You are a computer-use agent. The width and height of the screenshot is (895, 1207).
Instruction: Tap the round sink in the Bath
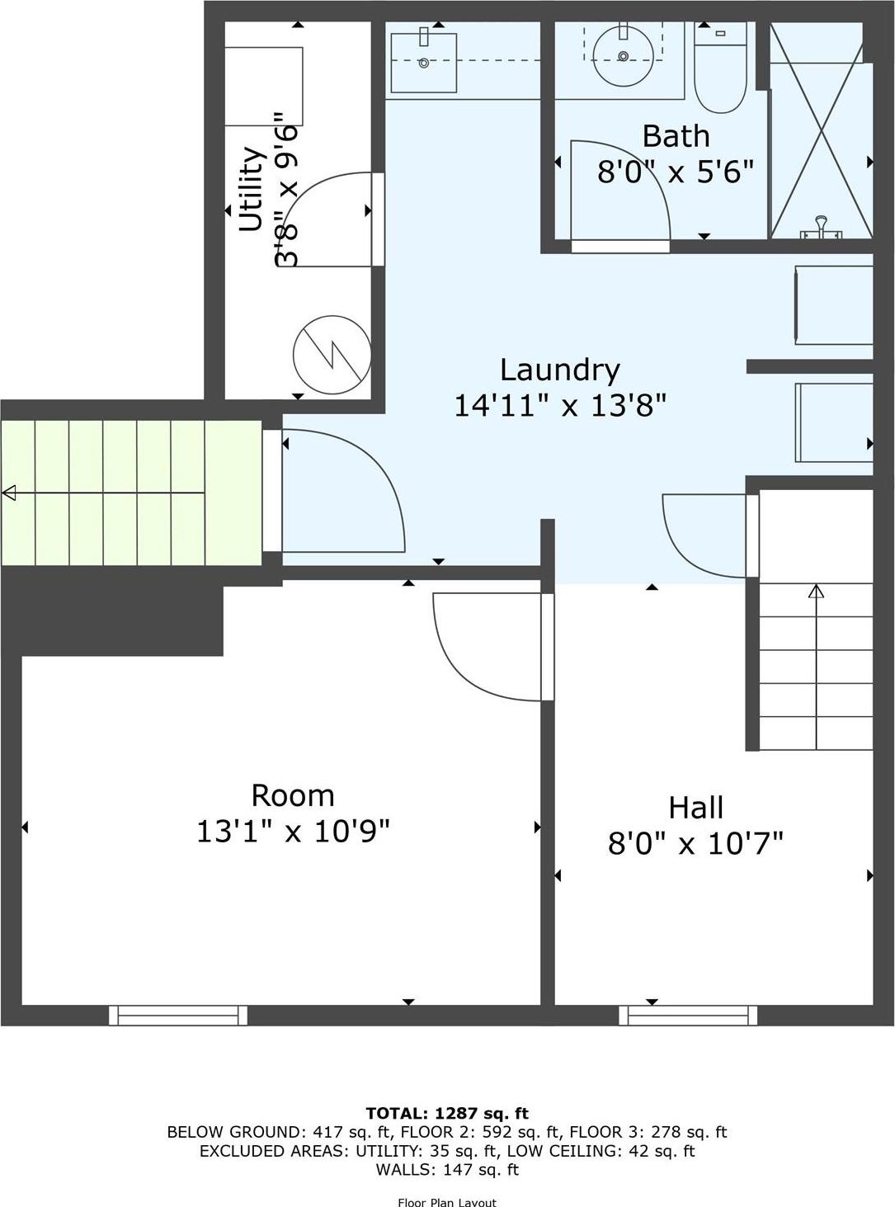[624, 55]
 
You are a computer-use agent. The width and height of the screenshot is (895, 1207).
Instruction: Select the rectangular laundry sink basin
[423, 63]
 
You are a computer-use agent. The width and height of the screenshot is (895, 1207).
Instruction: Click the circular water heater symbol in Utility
[332, 356]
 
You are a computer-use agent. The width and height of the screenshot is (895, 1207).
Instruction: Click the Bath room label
[676, 136]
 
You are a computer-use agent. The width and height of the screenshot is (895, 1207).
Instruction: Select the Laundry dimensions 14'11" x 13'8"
[560, 405]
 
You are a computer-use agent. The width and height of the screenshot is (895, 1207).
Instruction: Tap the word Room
[293, 796]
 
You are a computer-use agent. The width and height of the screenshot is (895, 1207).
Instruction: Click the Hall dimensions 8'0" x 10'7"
[695, 844]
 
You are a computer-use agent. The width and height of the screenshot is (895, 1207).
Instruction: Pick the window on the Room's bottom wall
[178, 1016]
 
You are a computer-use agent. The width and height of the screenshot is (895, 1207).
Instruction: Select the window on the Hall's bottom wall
[688, 1016]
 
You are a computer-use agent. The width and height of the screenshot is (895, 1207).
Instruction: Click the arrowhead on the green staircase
[10, 493]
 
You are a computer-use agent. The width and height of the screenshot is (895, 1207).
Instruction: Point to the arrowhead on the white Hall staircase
[816, 591]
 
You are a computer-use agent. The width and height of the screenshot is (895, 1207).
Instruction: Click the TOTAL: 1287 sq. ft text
[447, 1113]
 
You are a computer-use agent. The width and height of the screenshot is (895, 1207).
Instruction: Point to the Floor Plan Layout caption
[447, 1202]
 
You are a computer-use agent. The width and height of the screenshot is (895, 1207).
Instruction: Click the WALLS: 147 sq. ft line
[447, 1169]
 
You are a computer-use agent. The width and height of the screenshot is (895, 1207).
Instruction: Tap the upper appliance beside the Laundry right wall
[833, 305]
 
